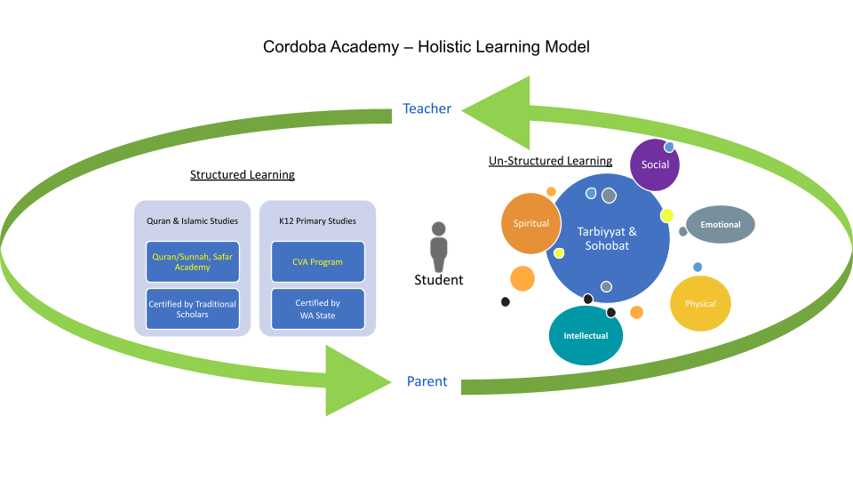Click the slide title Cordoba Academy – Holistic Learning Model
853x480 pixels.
426,46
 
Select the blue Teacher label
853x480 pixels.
426,108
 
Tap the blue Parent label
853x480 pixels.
426,382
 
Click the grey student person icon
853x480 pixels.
438,247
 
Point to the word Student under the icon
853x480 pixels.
438,280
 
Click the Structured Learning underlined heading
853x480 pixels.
242,175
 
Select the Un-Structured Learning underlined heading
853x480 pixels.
550,161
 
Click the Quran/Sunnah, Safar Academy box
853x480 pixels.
192,261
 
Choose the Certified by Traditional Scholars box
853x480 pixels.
192,309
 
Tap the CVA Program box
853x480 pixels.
317,261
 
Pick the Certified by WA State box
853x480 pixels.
317,309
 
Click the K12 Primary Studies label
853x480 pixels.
317,220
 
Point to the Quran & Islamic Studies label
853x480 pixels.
192,220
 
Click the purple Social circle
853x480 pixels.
655,165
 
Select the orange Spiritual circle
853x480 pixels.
530,224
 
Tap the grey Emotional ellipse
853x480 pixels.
721,225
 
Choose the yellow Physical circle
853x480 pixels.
700,304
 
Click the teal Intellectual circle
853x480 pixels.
586,336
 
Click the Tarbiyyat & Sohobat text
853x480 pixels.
607,238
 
